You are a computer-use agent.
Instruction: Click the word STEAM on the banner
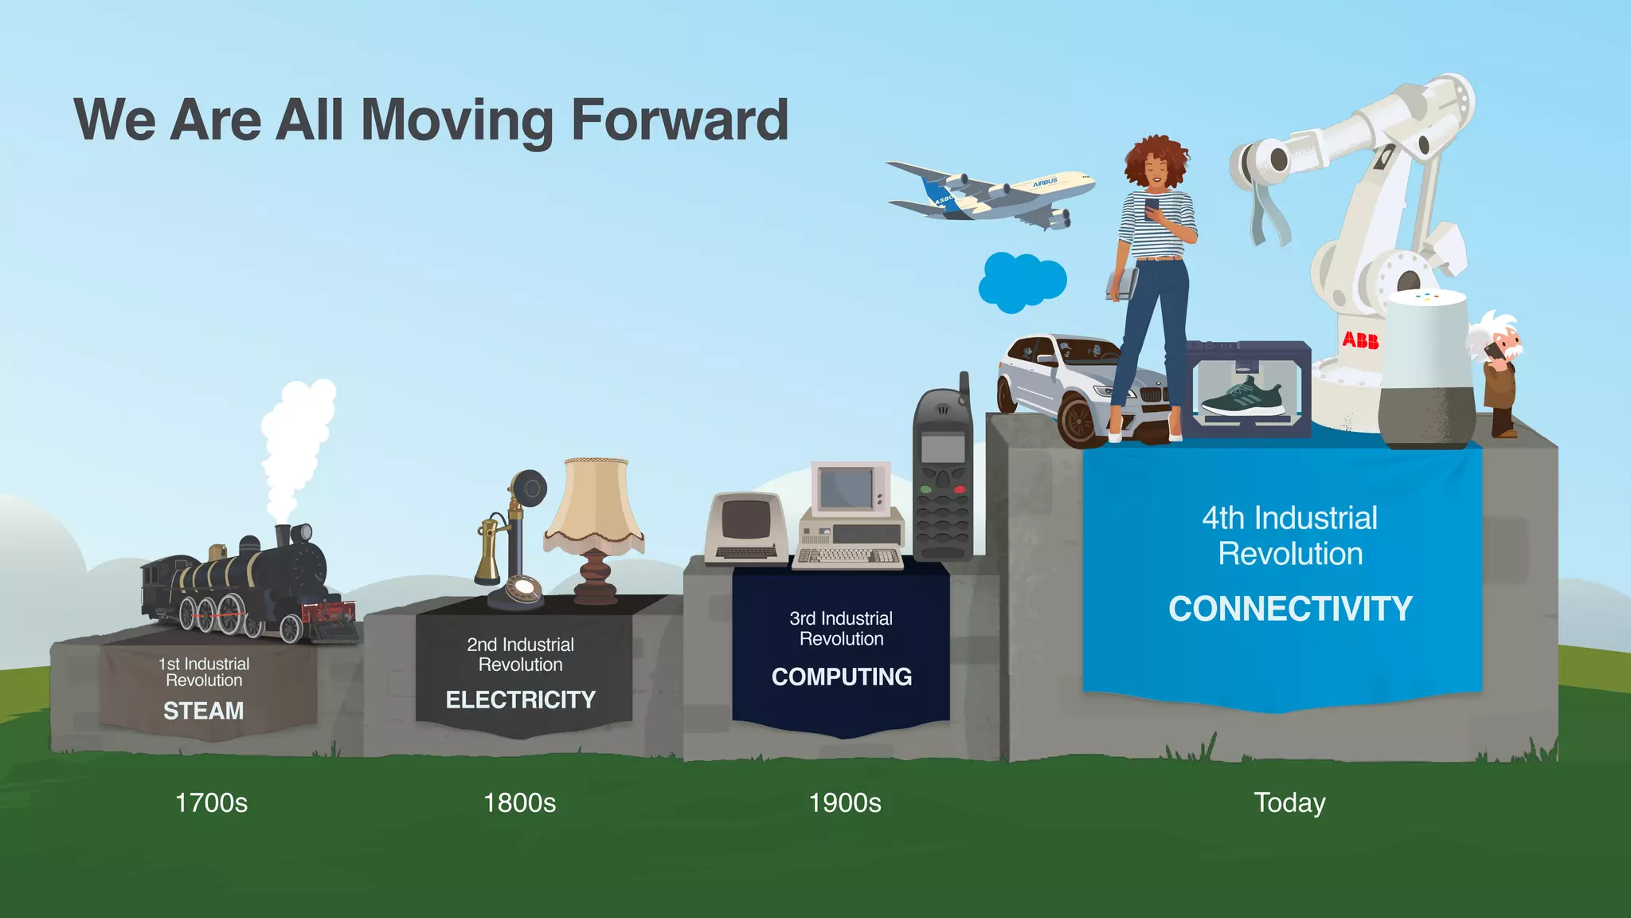pyautogui.click(x=203, y=711)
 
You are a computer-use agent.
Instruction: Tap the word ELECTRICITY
pyautogui.click(x=520, y=700)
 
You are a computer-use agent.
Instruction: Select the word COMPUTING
pyautogui.click(x=841, y=677)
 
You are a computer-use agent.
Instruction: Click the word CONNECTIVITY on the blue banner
pyautogui.click(x=1289, y=609)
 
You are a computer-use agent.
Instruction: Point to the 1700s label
pyautogui.click(x=211, y=802)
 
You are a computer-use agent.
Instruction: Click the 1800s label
pyautogui.click(x=519, y=802)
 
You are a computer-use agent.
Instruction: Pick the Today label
pyautogui.click(x=1289, y=802)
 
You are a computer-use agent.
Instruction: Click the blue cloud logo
pyautogui.click(x=1022, y=281)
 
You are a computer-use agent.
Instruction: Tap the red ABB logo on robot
pyautogui.click(x=1360, y=340)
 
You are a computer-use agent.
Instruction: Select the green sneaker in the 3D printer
pyautogui.click(x=1243, y=398)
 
